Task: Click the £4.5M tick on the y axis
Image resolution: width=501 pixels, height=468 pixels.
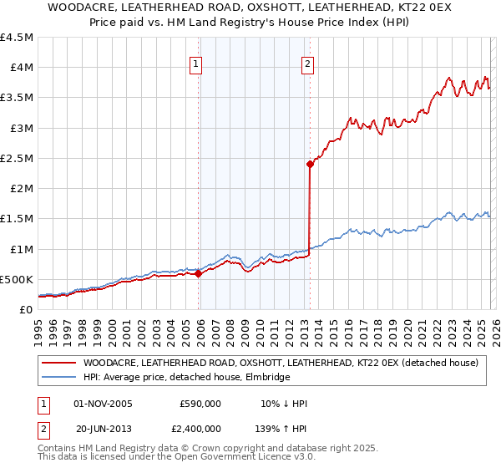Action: tap(17, 38)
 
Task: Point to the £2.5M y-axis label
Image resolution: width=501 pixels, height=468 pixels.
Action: tap(17, 158)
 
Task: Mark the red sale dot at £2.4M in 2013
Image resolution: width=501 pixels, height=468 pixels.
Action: tap(310, 164)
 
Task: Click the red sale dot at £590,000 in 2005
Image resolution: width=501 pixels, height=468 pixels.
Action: tap(198, 273)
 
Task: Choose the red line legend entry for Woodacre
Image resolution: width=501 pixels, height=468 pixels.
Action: tap(280, 363)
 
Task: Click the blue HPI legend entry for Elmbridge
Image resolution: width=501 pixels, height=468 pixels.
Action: tap(185, 378)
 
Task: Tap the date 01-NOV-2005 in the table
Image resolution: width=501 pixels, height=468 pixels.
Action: tap(104, 404)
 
